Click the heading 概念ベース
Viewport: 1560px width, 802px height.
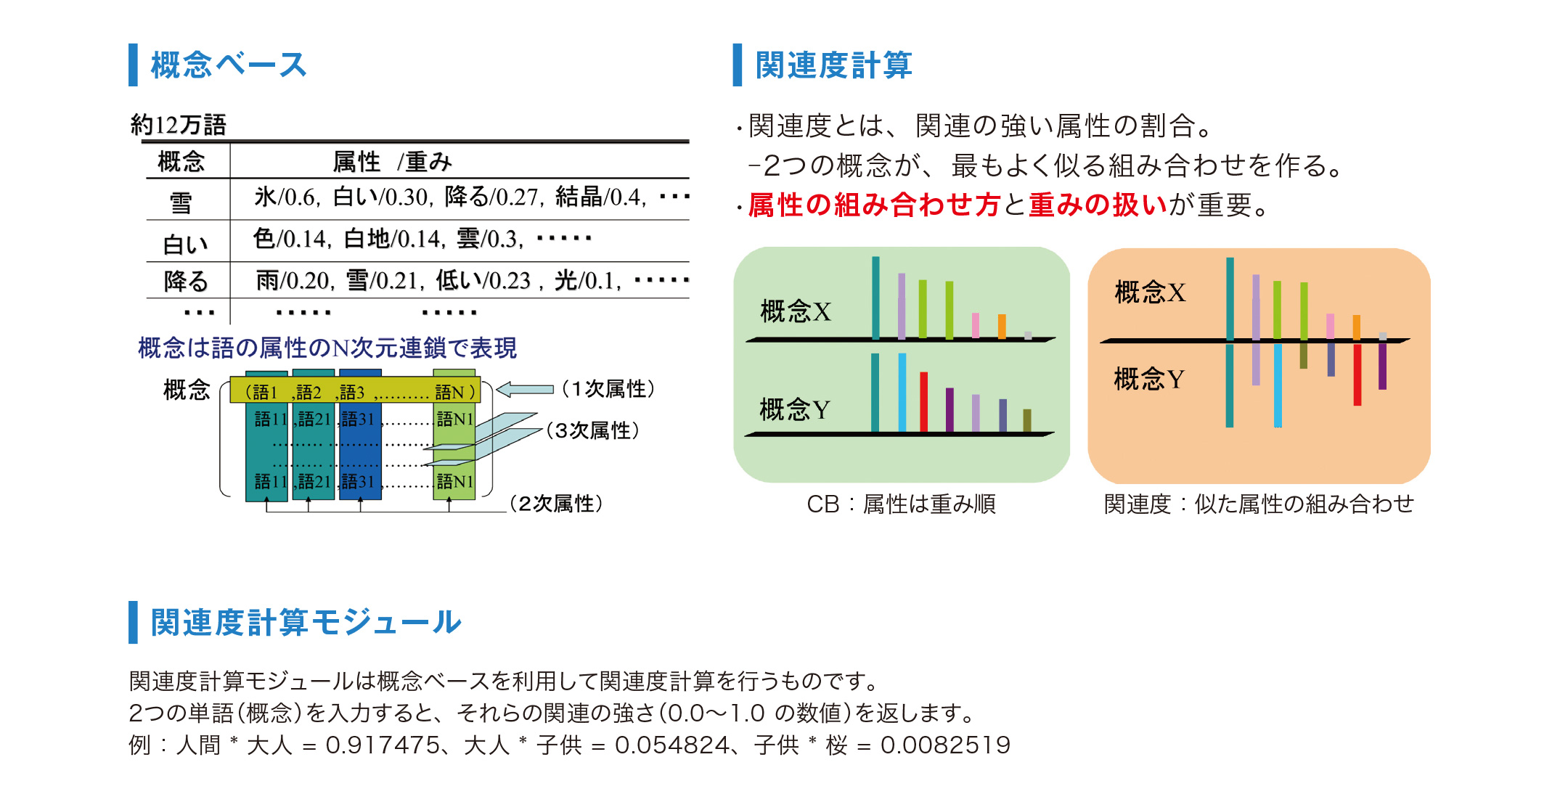[229, 65]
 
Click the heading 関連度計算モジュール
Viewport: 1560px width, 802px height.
[306, 623]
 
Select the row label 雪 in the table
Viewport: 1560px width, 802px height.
[181, 202]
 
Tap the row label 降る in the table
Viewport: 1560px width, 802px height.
[186, 281]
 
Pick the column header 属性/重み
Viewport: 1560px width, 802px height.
[392, 161]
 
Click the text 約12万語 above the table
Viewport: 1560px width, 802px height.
[179, 125]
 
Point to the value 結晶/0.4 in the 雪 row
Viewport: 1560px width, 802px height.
[600, 197]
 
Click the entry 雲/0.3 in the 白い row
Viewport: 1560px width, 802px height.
[489, 239]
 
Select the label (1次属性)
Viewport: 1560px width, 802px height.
[608, 389]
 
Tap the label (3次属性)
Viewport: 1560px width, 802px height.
[592, 430]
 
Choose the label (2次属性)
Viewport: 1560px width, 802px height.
[556, 504]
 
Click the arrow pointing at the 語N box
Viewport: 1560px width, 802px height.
[525, 390]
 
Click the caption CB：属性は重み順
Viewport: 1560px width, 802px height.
[901, 504]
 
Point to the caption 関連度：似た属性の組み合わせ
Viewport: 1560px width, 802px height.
[1259, 504]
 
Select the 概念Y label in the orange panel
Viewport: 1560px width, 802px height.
[1149, 379]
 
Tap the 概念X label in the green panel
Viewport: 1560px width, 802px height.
[796, 311]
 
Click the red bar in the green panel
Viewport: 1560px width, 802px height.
[924, 402]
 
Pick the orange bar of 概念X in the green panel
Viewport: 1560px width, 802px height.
[1002, 327]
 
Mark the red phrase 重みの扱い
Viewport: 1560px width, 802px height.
[1098, 205]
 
